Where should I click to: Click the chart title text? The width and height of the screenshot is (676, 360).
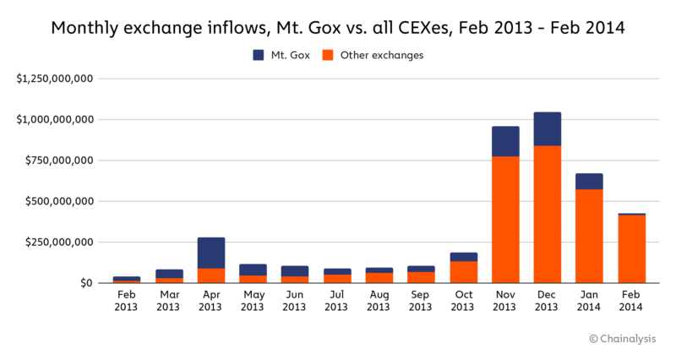(x=338, y=27)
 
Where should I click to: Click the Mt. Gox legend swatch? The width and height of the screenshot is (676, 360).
(x=259, y=55)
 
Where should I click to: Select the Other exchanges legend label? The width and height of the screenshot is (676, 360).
(x=381, y=55)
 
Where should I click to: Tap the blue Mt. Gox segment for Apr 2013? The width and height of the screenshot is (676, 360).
(x=210, y=253)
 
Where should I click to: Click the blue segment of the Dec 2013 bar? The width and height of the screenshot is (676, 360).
(x=548, y=128)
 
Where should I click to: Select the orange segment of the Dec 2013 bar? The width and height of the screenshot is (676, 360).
(x=548, y=215)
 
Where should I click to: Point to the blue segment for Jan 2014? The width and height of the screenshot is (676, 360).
(x=589, y=181)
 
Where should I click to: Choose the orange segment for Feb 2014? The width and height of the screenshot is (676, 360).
(x=631, y=249)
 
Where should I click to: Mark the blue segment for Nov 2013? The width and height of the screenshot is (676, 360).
(x=505, y=141)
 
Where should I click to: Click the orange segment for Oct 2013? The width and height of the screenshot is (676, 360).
(x=463, y=272)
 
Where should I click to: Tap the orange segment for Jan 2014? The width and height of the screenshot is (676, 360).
(x=589, y=236)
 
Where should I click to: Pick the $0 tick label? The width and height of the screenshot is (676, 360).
(x=85, y=283)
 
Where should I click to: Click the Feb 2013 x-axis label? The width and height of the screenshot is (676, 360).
(x=127, y=301)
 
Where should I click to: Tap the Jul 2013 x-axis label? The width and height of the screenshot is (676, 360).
(x=337, y=301)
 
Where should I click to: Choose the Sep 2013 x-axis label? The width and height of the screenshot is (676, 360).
(x=421, y=301)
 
